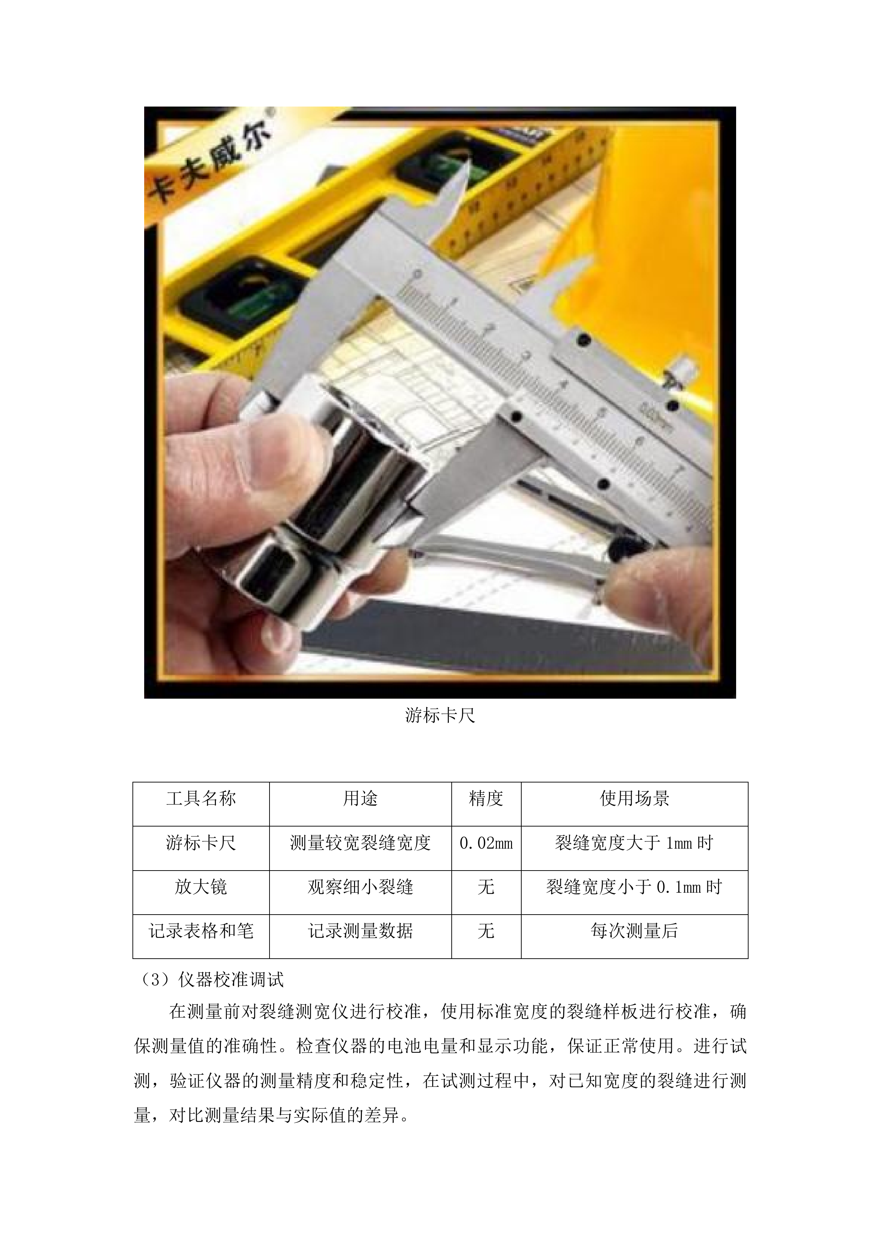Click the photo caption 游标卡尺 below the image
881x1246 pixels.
pyautogui.click(x=440, y=716)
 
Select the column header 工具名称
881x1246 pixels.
pyautogui.click(x=201, y=798)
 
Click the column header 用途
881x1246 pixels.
pyautogui.click(x=360, y=798)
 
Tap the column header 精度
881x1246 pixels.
pyautogui.click(x=486, y=798)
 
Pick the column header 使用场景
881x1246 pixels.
pyautogui.click(x=634, y=798)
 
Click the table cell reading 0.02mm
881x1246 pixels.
pyautogui.click(x=486, y=843)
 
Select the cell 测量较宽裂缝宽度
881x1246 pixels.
pyautogui.click(x=360, y=843)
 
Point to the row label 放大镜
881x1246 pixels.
pyautogui.click(x=201, y=887)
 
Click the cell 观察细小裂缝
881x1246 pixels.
pyautogui.click(x=360, y=887)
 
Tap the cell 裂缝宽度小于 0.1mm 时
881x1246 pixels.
pyautogui.click(x=634, y=887)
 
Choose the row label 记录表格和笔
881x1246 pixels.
pyautogui.click(x=201, y=931)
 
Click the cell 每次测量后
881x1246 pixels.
pyautogui.click(x=634, y=931)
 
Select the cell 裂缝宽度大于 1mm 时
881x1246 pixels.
pyautogui.click(x=634, y=843)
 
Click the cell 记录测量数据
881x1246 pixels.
pyautogui.click(x=360, y=931)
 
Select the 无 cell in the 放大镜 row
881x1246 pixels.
pyautogui.click(x=486, y=887)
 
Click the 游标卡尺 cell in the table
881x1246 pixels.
pyautogui.click(x=201, y=843)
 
